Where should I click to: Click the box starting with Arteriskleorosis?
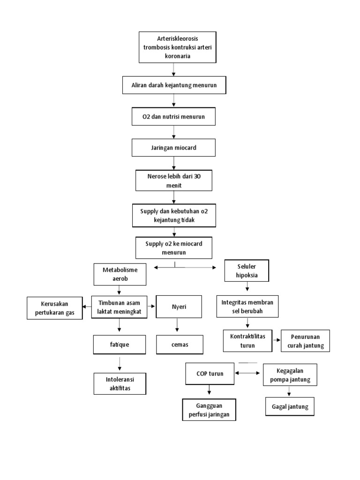(x=177, y=47)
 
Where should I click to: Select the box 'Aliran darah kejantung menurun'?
(x=174, y=86)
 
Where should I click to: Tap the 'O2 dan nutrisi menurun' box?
(x=174, y=116)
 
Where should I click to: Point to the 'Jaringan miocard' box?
(x=174, y=148)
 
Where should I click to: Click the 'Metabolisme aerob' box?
(x=120, y=274)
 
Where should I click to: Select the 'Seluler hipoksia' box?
(x=247, y=271)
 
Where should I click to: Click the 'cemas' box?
(x=180, y=345)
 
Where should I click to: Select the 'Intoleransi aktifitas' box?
(x=120, y=383)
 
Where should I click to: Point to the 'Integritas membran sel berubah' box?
(x=247, y=307)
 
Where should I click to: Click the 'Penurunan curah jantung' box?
(x=305, y=342)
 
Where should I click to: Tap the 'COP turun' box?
(x=210, y=374)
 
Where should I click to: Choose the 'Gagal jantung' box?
(x=290, y=406)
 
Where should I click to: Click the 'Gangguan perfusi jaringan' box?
(x=209, y=410)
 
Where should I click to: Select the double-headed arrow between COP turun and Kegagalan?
(x=248, y=373)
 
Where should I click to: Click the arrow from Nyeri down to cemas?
(x=177, y=326)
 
